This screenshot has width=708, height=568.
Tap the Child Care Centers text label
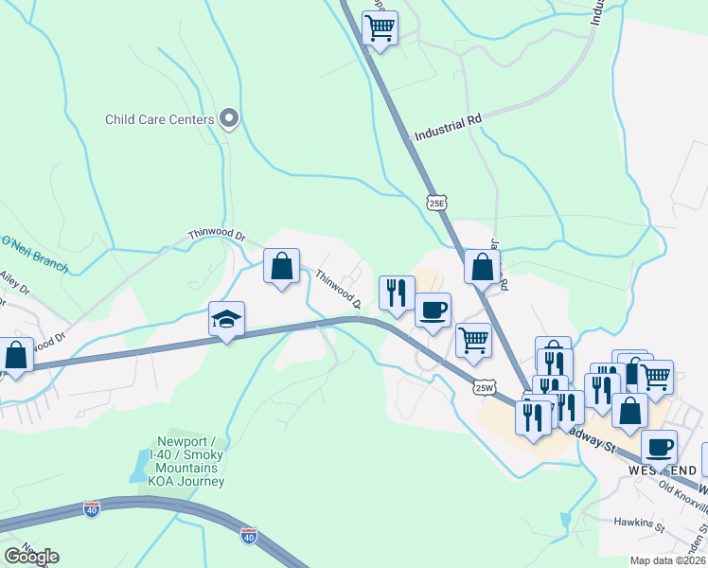pos(159,120)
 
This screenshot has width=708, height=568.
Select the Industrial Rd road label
pos(448,128)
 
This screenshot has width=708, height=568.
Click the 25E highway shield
pos(435,202)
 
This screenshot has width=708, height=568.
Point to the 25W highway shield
pos(485,386)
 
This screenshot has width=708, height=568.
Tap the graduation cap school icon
pos(227,319)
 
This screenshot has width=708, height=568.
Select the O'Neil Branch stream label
pos(34,253)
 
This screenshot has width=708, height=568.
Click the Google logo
pos(31,556)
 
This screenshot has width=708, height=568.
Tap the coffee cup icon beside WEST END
pos(659,447)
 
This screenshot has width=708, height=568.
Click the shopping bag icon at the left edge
pos(16,356)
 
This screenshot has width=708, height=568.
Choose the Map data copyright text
pos(665,560)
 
